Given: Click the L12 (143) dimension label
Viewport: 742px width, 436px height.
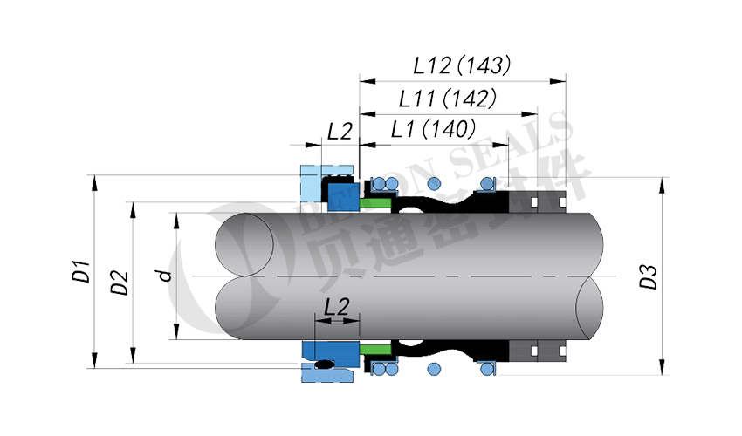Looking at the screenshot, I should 462,65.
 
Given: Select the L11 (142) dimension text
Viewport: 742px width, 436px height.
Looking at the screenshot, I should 447,98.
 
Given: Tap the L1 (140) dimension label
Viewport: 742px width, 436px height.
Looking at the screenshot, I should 432,130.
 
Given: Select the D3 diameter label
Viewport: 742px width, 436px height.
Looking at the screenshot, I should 647,276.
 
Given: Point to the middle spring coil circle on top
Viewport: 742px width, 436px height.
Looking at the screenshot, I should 435,183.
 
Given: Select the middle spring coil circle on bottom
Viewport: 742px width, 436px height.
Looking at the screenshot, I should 435,369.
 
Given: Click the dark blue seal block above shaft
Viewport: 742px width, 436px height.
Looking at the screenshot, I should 341,194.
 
